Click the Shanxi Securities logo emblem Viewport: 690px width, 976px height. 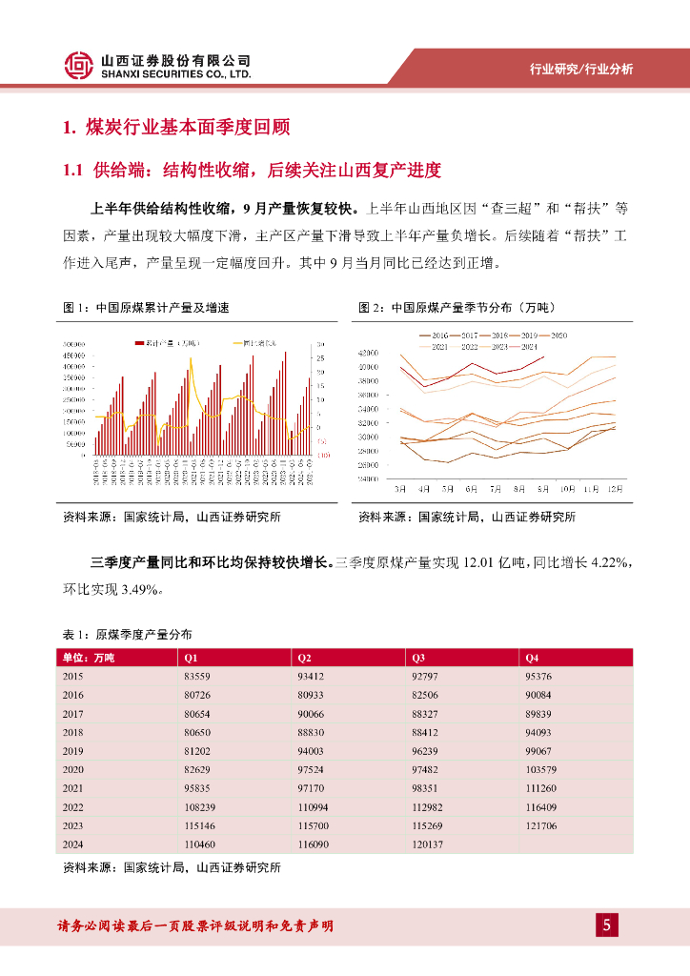point(78,65)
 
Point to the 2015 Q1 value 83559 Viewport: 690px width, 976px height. point(197,676)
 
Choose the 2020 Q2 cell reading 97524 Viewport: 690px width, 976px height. point(311,769)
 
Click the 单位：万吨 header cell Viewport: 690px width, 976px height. point(88,658)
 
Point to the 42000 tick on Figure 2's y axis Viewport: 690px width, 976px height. point(367,353)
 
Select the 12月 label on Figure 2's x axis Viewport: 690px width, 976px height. point(616,488)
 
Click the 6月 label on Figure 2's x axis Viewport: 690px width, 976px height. point(471,488)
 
